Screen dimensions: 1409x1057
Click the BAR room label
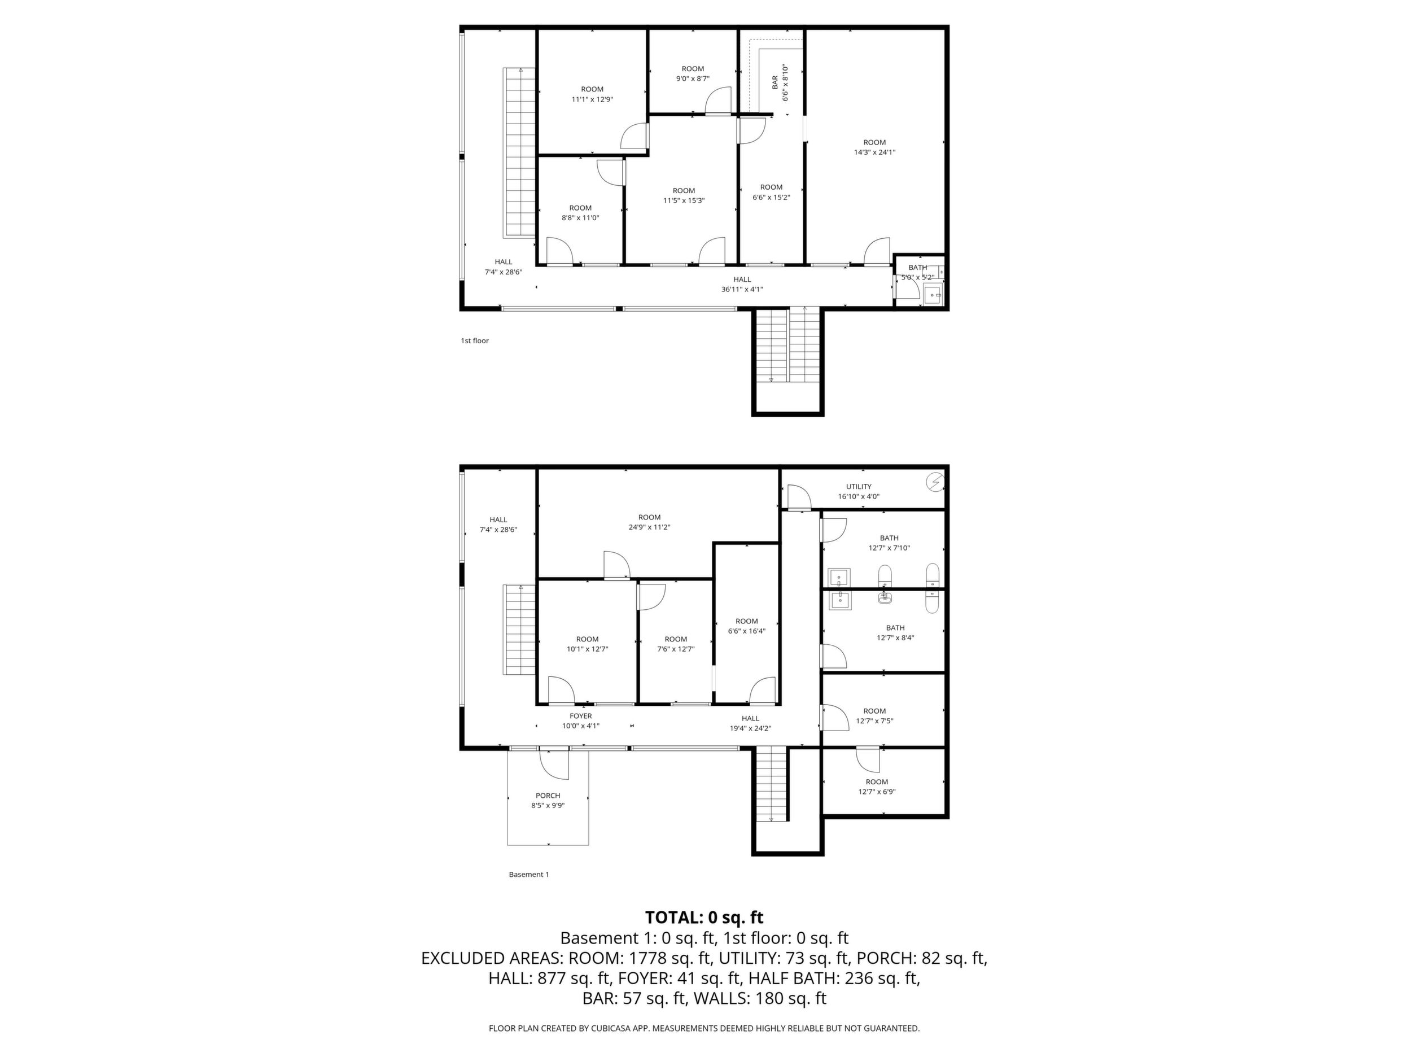(774, 82)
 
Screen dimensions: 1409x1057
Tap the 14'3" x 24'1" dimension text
(874, 152)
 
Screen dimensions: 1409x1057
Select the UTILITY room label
(859, 486)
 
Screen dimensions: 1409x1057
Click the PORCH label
(548, 795)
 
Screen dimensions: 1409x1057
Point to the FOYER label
(581, 715)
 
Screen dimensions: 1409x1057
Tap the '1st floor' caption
(475, 341)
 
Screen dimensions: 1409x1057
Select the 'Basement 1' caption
(529, 874)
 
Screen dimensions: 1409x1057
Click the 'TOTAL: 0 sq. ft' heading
(704, 918)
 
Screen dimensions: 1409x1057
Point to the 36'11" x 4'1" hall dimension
(742, 289)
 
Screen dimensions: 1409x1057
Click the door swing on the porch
(554, 764)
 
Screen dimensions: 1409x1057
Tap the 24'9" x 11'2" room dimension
(650, 527)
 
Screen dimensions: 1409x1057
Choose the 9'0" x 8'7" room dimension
(693, 78)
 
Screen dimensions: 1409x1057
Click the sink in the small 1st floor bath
(933, 295)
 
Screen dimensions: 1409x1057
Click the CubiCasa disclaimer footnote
(704, 1028)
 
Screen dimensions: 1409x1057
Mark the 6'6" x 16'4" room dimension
(746, 631)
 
